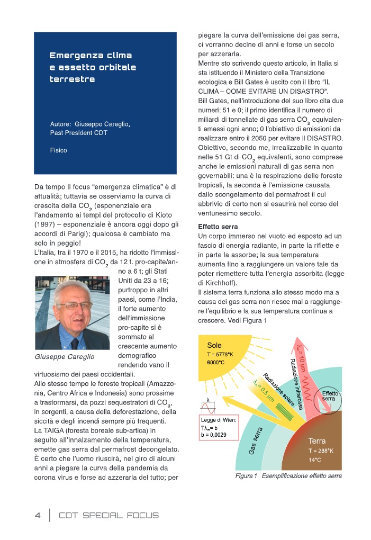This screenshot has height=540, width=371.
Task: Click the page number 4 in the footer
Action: click(38, 515)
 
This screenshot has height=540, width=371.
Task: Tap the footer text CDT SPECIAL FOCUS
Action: click(108, 515)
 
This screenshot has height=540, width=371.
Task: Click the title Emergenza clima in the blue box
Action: click(91, 56)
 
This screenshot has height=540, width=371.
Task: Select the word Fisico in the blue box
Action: click(59, 150)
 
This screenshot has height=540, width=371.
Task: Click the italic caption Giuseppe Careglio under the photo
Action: click(64, 356)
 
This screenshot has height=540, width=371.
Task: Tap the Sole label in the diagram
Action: click(214, 345)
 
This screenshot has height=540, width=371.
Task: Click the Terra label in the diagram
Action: click(317, 440)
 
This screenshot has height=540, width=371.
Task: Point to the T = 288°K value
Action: click(321, 451)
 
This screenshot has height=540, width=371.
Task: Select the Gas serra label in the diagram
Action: click(256, 440)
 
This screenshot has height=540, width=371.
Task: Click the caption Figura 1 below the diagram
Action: click(247, 476)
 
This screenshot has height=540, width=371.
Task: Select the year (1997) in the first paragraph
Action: click(45, 224)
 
